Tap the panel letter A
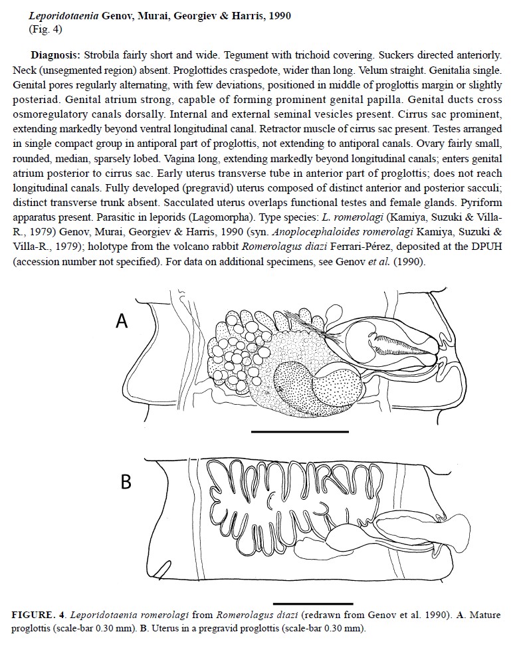(x=122, y=321)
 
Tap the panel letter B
(x=125, y=481)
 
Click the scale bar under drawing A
(x=300, y=431)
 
